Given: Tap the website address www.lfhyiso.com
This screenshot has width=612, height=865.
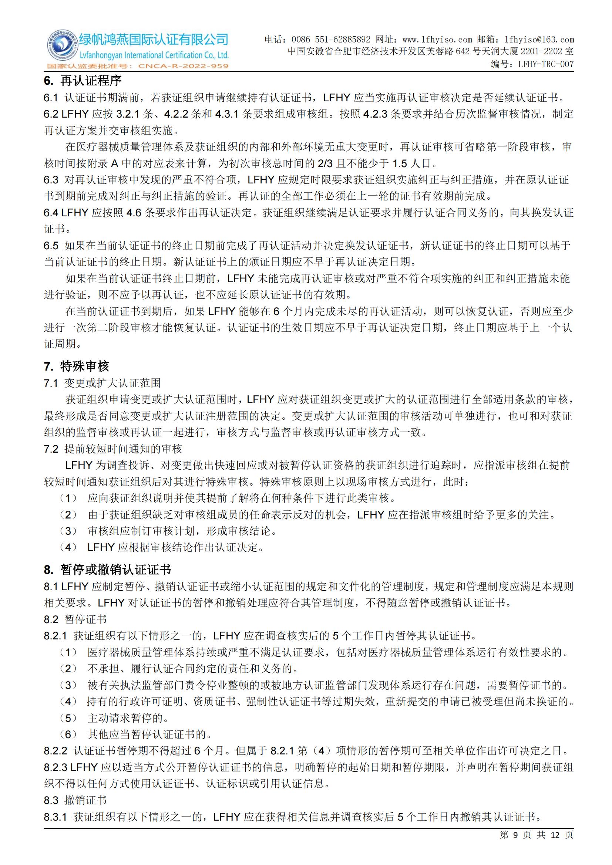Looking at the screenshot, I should point(437,40).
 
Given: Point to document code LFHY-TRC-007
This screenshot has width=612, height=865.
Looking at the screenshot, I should point(546,64).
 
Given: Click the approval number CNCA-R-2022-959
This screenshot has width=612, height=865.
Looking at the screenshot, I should point(183,66).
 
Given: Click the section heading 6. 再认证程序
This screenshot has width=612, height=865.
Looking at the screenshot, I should point(83,81).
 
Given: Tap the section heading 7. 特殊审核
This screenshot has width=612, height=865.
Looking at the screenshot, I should point(77,366).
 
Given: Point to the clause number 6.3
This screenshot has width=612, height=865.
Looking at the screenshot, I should point(51,180).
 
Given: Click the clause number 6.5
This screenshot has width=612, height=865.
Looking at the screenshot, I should point(51,246).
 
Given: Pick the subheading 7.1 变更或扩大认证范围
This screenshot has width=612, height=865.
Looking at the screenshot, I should point(102,383).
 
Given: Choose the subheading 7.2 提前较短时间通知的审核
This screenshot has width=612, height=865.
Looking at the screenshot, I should point(113,449).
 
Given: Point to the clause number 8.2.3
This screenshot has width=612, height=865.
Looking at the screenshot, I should point(56,767).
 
